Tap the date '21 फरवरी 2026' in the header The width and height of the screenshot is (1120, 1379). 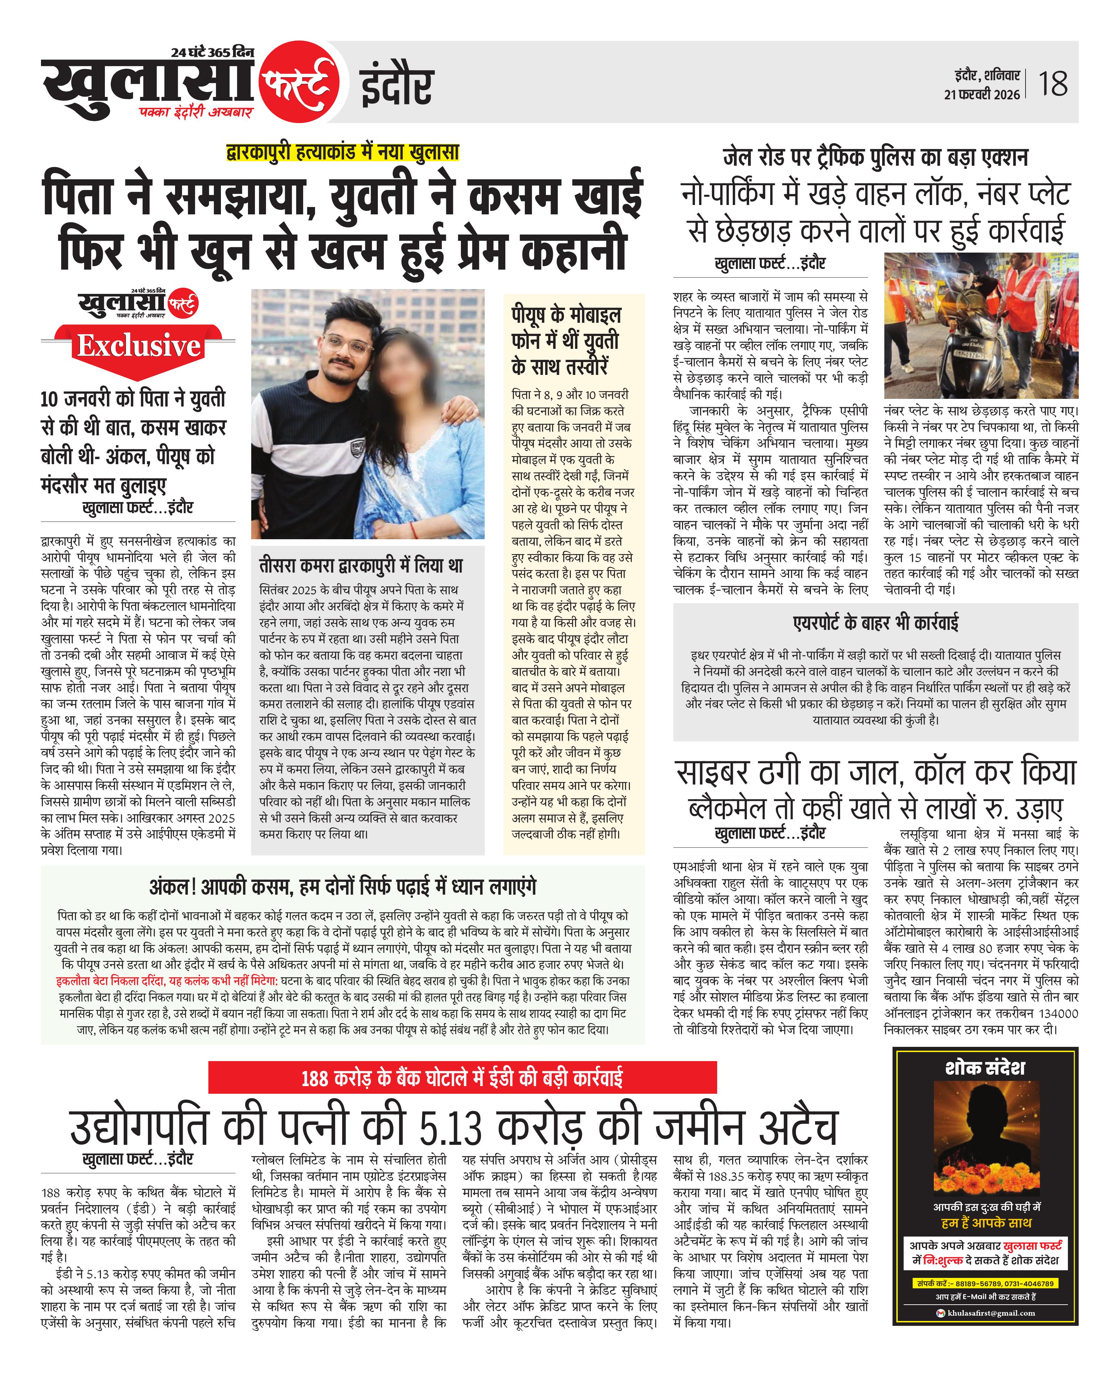pyautogui.click(x=981, y=94)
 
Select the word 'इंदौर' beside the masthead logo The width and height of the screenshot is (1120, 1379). pyautogui.click(x=396, y=86)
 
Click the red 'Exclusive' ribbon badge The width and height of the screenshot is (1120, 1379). pyautogui.click(x=138, y=346)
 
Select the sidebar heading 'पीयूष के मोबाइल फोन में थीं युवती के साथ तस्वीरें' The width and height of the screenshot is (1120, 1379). pyautogui.click(x=566, y=340)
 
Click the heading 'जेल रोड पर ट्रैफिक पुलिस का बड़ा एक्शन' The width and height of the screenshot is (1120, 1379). pyautogui.click(x=875, y=157)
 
